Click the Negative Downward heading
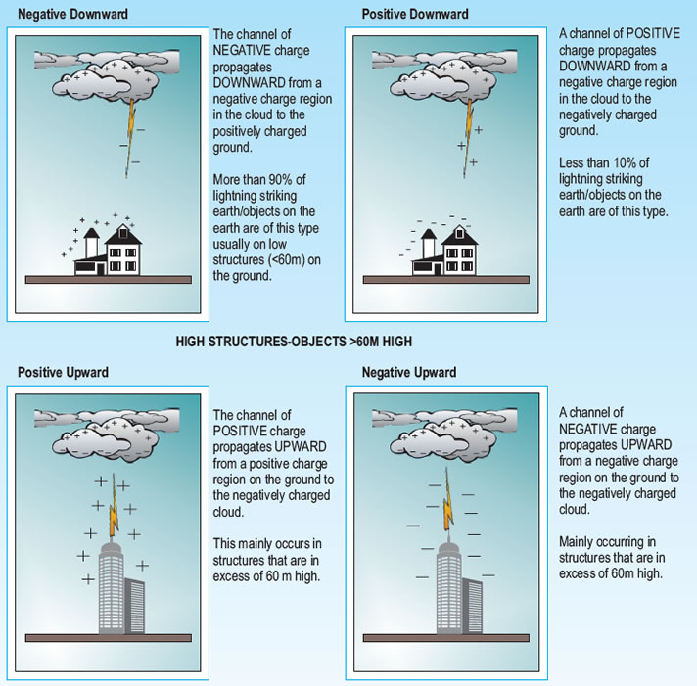tap(72, 15)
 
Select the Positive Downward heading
tap(415, 15)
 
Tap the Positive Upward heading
tap(63, 372)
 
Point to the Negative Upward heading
tap(409, 372)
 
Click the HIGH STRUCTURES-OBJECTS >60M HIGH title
tap(294, 342)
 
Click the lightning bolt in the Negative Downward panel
tap(130, 139)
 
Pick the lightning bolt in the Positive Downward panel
tap(468, 139)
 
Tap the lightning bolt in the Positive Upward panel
tap(114, 507)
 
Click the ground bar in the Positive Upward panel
tap(109, 638)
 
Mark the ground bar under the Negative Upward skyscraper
tap(446, 638)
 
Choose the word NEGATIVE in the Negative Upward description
tap(585, 430)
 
